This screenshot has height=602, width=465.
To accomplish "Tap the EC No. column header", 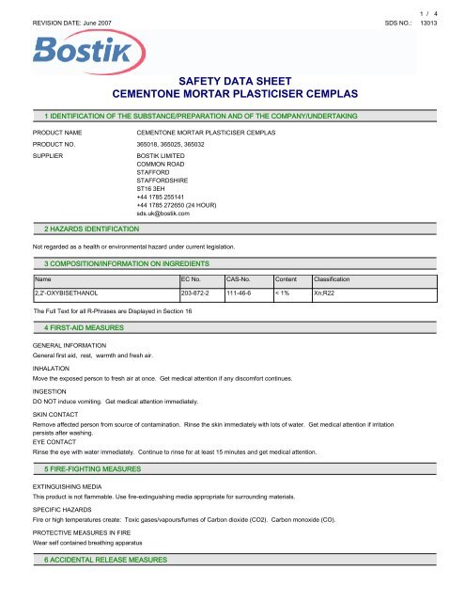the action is click(x=194, y=279).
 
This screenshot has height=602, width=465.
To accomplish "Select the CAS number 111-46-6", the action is click(x=243, y=293).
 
